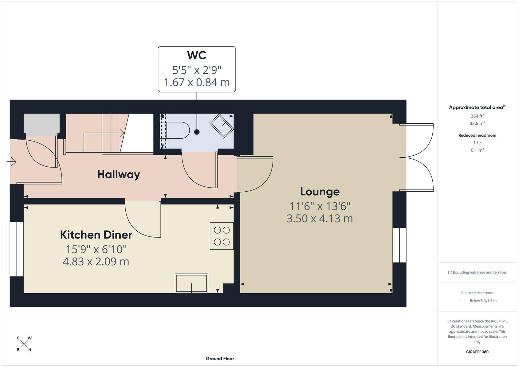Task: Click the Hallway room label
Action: point(119,174)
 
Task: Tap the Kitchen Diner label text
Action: point(96,235)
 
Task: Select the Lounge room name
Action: point(319,192)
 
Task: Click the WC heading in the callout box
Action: point(196,55)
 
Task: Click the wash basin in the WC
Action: point(222,126)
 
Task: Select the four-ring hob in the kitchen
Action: point(222,236)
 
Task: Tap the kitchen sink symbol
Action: point(191,283)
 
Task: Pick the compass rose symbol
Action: point(24,344)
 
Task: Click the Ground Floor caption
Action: point(220,359)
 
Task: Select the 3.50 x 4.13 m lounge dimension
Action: point(319,219)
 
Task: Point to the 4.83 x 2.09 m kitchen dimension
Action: point(96,262)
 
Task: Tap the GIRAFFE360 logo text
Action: point(477,352)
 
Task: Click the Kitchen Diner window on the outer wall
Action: point(16,249)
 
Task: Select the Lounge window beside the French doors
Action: point(399,245)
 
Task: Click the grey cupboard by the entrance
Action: point(41,123)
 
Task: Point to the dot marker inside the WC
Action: point(197,132)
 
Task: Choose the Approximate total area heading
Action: point(477,107)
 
